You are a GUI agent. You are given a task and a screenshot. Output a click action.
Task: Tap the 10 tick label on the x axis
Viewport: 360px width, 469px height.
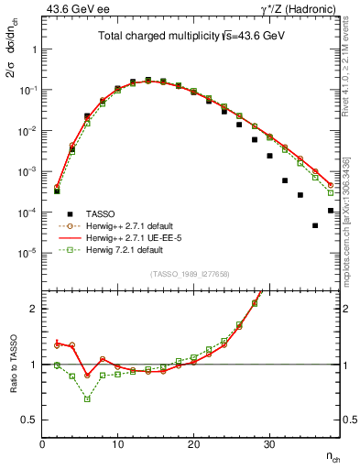point(117,444)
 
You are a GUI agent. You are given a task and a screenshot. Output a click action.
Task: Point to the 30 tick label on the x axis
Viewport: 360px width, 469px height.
point(269,444)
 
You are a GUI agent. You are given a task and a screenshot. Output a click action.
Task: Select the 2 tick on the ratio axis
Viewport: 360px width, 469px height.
point(35,309)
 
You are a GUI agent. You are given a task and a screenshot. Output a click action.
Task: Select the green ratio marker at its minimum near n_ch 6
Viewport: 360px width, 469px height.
point(87,399)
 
